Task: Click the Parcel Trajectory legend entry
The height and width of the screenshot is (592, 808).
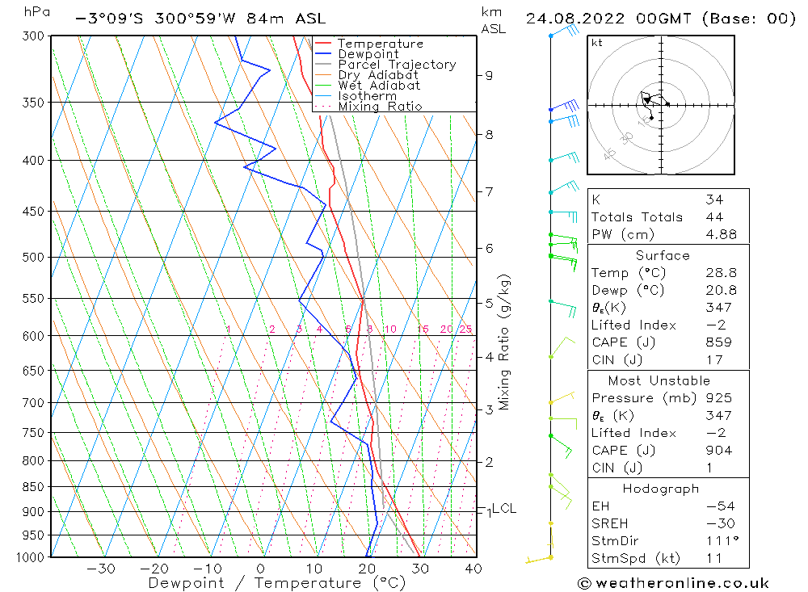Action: tap(397, 65)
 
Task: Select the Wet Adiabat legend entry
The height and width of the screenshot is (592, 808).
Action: tap(379, 86)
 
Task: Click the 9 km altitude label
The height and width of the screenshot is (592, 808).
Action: tap(489, 75)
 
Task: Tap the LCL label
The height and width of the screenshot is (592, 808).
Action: tap(504, 508)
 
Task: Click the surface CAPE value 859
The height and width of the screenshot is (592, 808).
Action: tap(718, 342)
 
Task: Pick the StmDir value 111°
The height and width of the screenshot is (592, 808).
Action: tap(718, 541)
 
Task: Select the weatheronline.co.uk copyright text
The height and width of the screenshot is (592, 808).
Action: tap(674, 583)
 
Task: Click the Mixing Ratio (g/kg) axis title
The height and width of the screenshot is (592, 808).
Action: tap(504, 342)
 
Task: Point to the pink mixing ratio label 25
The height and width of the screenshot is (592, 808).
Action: tap(465, 329)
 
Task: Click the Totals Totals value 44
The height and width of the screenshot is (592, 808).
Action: tap(714, 216)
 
